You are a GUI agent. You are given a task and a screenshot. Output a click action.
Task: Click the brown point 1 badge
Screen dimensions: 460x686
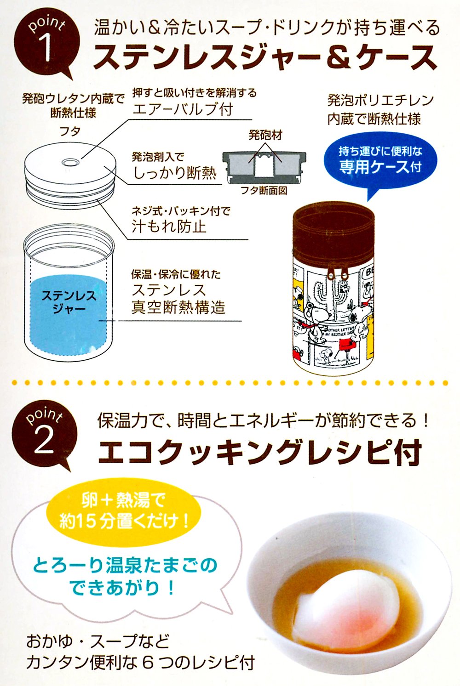46,46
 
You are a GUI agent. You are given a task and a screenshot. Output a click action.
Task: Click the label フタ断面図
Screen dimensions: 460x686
264,191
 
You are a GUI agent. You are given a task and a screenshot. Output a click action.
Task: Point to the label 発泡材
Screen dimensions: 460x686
265,135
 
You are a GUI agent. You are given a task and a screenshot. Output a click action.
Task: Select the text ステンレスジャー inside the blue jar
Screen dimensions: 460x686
69,302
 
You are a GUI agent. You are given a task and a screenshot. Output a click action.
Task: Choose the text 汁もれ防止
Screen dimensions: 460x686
169,227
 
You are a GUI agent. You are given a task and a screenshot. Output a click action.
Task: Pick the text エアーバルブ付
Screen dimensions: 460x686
183,109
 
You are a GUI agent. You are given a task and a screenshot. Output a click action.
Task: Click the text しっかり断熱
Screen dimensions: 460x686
175,173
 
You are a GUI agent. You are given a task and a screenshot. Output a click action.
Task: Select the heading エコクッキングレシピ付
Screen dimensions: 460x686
259,453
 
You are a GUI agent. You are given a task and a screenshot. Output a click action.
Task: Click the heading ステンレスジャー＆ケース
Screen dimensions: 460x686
265,57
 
